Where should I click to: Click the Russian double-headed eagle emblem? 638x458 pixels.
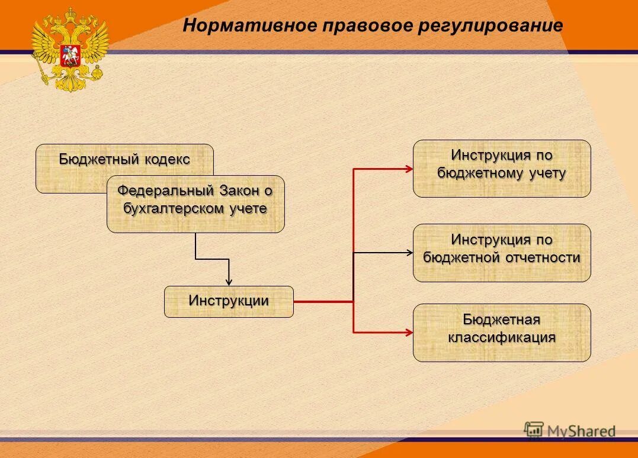click(x=70, y=49)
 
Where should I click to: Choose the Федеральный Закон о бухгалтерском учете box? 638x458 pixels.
click(x=195, y=204)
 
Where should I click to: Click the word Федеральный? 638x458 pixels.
click(x=165, y=191)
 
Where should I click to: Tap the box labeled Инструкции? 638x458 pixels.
click(x=229, y=301)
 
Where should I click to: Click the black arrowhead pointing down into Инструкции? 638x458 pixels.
click(x=229, y=282)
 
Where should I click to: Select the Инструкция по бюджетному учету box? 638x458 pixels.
click(x=501, y=168)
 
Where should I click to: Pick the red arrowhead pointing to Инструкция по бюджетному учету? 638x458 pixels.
click(x=409, y=169)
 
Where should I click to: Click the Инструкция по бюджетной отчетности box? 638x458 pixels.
click(x=501, y=253)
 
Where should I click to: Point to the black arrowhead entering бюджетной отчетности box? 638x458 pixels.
click(x=409, y=253)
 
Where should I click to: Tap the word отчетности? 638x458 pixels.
click(x=543, y=258)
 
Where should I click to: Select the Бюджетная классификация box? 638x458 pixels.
click(x=501, y=333)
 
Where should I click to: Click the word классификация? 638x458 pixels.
click(x=501, y=338)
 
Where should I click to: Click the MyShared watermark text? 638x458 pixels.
click(x=581, y=431)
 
